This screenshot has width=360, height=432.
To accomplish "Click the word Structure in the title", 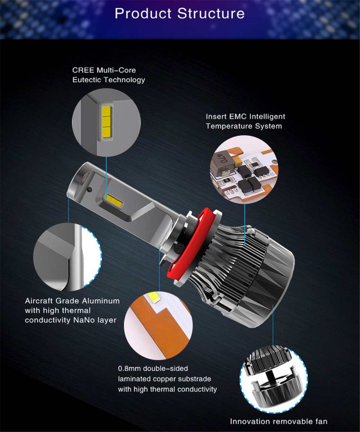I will [x=211, y=14].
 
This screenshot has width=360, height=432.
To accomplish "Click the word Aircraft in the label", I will [x=39, y=301].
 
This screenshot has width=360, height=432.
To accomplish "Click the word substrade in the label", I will [x=192, y=379].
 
